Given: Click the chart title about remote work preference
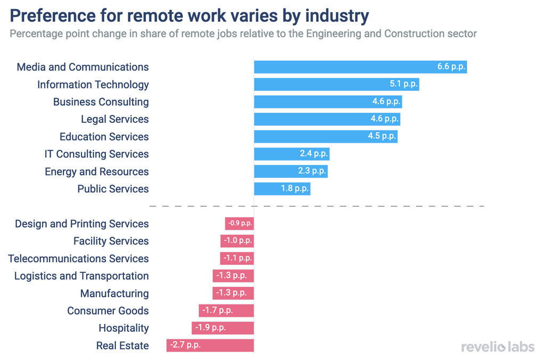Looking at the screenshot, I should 189,15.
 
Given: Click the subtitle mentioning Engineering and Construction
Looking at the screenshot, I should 243,34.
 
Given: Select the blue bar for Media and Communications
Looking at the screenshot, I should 360,67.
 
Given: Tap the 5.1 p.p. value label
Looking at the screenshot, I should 403,84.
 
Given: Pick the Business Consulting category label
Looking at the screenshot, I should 101,102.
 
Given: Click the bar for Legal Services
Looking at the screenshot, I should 326,119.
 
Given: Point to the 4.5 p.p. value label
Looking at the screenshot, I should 382,136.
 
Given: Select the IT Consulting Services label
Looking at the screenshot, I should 96,154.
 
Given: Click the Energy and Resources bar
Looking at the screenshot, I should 290,171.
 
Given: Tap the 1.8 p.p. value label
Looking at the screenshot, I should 295,189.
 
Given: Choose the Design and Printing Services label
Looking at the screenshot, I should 81,224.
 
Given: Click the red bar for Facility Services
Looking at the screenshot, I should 237,241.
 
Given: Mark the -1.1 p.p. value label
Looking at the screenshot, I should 237,258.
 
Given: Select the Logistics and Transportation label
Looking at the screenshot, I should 81,276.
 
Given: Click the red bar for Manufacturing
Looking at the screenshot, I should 233,293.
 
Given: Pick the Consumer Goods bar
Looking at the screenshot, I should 226,311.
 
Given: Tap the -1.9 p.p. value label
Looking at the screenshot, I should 210,328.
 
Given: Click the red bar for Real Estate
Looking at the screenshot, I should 210,346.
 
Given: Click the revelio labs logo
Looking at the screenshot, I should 498,347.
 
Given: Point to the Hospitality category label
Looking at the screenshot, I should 123,328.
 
